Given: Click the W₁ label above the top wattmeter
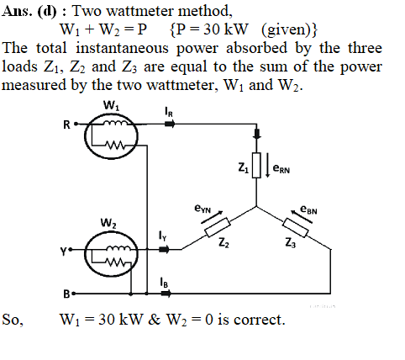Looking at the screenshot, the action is click(x=112, y=106).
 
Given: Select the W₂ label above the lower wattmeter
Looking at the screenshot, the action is click(x=109, y=224).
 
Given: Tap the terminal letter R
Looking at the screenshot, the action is click(x=66, y=124).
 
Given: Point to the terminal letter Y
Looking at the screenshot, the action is click(x=64, y=251).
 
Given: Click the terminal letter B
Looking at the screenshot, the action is click(x=66, y=294).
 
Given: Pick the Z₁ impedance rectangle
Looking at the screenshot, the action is click(x=256, y=165).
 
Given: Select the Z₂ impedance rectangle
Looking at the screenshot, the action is click(x=218, y=227).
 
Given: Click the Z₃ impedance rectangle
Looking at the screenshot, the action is click(x=296, y=227).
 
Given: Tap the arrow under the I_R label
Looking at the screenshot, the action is click(x=170, y=124).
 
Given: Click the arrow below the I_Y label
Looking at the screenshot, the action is click(x=164, y=249).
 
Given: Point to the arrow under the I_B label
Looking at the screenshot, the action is click(x=166, y=294).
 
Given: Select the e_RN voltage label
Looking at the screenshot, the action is click(x=281, y=169).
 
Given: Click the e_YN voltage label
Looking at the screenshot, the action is click(x=202, y=209).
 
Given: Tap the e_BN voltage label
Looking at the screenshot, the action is click(x=308, y=209).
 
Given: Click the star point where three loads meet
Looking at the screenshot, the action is click(x=256, y=207).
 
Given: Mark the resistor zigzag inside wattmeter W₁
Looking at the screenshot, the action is click(x=115, y=146).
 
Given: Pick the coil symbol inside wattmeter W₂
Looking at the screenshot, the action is click(x=118, y=248).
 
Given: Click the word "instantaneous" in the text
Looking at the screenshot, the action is click(x=122, y=48).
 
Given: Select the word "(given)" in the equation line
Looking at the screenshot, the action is click(x=290, y=29).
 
